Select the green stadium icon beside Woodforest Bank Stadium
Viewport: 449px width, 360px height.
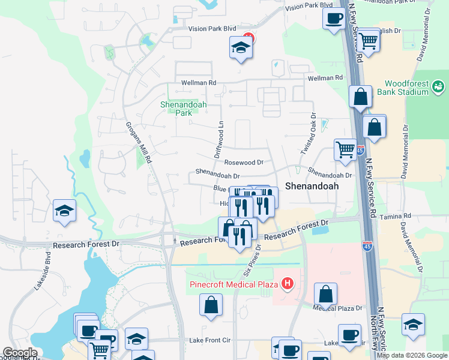439,88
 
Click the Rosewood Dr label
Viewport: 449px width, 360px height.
244,162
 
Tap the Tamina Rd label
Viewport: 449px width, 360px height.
399,215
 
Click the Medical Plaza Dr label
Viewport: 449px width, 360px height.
338,308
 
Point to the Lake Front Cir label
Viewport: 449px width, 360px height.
210,340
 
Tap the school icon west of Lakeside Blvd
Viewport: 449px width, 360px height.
64,211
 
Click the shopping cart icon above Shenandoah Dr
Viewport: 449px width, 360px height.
345,151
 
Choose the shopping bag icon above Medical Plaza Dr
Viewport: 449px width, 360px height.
325,294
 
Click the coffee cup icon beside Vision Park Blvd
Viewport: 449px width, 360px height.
333,17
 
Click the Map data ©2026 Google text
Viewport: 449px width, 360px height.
412,355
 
